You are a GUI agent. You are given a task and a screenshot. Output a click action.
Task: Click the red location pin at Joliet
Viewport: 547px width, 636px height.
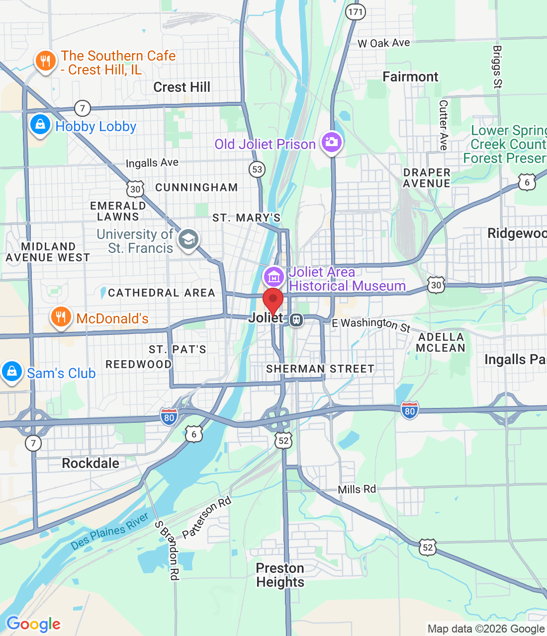[273, 300]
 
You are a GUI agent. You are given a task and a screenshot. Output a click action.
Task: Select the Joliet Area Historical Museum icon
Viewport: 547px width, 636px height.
[274, 277]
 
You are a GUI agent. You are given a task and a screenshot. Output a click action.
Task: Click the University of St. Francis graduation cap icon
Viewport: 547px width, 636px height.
[188, 239]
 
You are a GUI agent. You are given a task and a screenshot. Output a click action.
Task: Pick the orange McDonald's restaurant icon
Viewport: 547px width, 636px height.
[60, 317]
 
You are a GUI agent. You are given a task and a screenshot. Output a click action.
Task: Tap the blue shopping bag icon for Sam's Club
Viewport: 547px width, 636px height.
[11, 371]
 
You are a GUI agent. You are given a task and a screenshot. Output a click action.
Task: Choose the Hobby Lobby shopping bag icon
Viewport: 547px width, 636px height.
[40, 125]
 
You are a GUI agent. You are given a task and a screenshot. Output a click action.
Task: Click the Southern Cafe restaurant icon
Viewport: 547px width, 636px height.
[45, 61]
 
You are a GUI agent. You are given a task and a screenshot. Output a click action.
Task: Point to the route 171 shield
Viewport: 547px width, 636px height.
[356, 12]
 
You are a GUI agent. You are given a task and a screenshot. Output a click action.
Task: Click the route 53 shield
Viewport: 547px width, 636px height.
[257, 169]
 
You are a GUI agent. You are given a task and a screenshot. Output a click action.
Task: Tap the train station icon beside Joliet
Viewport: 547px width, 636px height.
[296, 319]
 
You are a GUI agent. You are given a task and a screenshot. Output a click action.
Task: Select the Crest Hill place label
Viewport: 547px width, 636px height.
[182, 87]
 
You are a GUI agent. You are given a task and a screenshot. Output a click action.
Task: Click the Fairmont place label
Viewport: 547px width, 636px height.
[410, 77]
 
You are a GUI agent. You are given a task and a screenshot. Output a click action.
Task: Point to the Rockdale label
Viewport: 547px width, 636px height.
[91, 464]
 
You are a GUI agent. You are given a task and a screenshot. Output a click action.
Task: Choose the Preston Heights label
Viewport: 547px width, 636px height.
[280, 575]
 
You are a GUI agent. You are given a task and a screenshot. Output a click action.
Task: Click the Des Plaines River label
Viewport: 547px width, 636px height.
[109, 531]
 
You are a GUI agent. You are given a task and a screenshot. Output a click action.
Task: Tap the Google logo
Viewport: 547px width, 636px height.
[33, 624]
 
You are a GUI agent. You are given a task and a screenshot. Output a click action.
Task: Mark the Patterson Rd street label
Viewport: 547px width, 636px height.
[206, 518]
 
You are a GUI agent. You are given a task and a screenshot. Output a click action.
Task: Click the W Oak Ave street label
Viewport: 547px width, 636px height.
[384, 43]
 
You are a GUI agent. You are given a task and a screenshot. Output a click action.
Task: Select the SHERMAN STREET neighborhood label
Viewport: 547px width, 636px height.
[320, 369]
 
